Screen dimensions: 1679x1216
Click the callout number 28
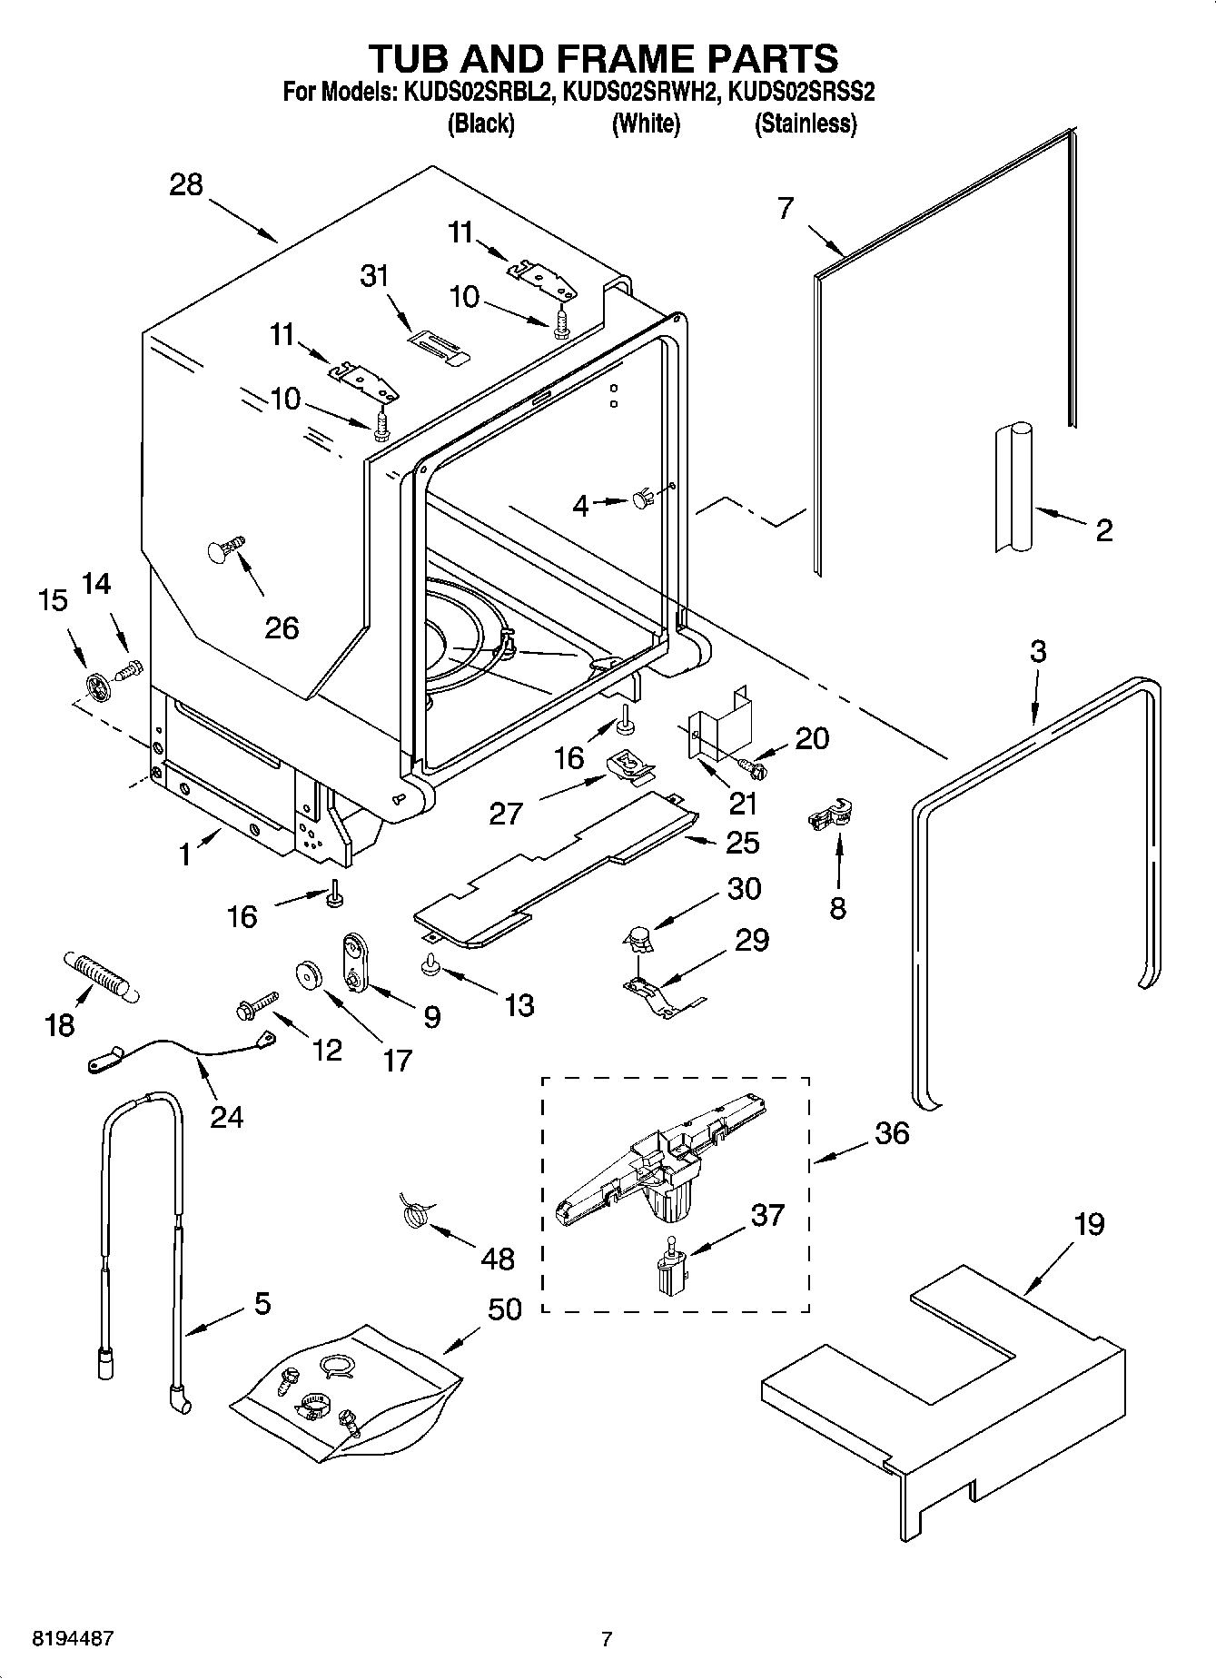pyautogui.click(x=186, y=185)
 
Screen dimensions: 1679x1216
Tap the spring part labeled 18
pyautogui.click(x=99, y=976)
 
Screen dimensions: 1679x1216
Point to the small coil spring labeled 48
pyautogui.click(x=414, y=1213)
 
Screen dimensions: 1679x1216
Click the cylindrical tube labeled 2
pyautogui.click(x=1013, y=487)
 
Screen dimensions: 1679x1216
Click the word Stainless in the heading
pyautogui.click(x=806, y=124)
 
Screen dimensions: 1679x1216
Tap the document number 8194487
pyautogui.click(x=73, y=1638)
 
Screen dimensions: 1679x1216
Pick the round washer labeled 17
pyautogui.click(x=311, y=974)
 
